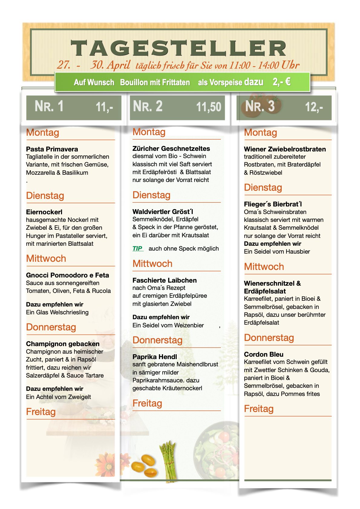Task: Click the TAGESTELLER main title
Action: (x=178, y=48)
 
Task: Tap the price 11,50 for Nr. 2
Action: (x=209, y=107)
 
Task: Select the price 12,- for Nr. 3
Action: (x=314, y=107)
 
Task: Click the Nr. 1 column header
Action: (x=49, y=106)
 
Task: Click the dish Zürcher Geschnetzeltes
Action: (x=171, y=148)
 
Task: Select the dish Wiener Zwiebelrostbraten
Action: (x=285, y=149)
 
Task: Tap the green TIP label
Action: (x=138, y=248)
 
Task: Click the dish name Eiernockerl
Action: (x=44, y=212)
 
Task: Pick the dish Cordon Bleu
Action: (x=264, y=354)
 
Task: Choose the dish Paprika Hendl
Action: (x=155, y=357)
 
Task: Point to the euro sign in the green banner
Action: (x=288, y=82)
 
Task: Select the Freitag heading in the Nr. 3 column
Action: (x=259, y=409)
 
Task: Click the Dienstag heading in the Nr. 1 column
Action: (x=45, y=196)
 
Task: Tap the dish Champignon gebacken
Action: (x=63, y=344)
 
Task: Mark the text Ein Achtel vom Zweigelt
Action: (x=58, y=397)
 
